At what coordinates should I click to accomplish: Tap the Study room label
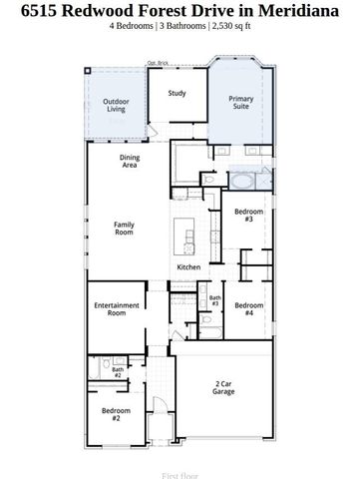tap(177, 94)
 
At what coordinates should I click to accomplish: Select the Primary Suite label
tap(240, 103)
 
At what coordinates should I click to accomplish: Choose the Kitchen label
tap(189, 267)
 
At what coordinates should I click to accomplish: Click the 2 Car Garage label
tap(223, 388)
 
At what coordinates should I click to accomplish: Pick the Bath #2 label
tap(117, 373)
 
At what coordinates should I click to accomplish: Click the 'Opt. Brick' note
tap(158, 64)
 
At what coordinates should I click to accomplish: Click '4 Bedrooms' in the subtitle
tap(132, 28)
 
